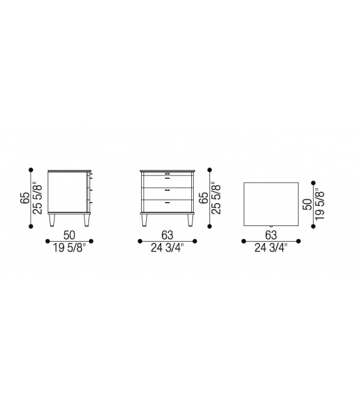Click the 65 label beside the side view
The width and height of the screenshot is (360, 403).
[x=24, y=198]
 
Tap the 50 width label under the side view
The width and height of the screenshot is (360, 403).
[x=70, y=235]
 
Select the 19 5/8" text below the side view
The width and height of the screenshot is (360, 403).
[x=70, y=248]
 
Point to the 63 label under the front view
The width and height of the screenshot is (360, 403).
[x=167, y=235]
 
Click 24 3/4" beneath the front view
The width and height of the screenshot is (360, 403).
[x=167, y=248]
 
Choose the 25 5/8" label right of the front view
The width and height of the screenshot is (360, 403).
[x=216, y=198]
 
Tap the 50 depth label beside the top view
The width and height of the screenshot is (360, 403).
[x=307, y=205]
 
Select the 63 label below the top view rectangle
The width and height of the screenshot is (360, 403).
[x=271, y=235]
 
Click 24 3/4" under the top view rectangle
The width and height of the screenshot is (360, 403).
[x=271, y=248]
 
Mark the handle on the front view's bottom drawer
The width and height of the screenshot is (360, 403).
[x=167, y=203]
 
